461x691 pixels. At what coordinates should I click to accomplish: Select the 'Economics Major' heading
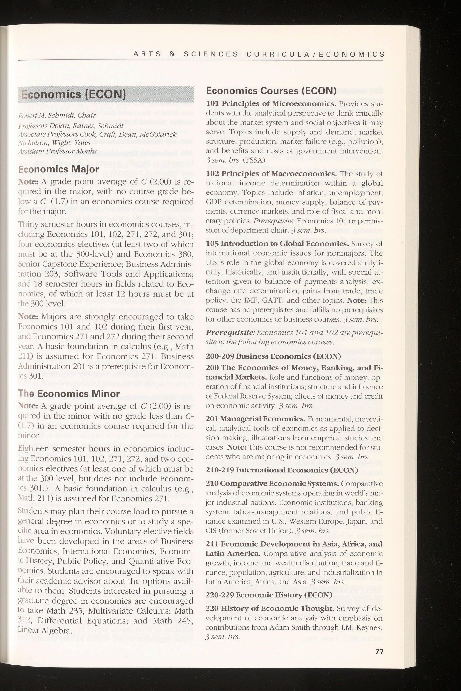[59, 170]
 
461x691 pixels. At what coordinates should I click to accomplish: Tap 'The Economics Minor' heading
[69, 394]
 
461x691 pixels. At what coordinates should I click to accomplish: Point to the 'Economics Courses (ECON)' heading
[271, 90]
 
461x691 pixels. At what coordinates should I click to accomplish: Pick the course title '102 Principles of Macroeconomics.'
[271, 174]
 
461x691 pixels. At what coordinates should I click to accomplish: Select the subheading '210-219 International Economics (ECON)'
[282, 470]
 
